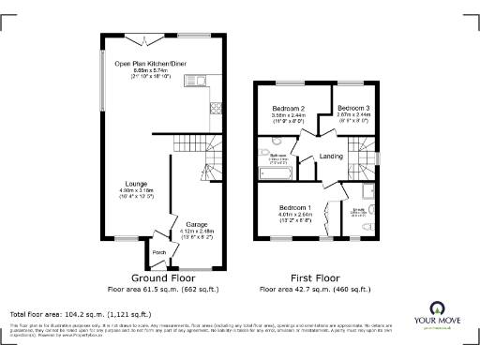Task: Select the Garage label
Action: (195, 225)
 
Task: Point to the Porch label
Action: (158, 253)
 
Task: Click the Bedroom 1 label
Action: (295, 207)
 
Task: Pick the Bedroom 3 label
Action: (353, 108)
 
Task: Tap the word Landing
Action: (330, 157)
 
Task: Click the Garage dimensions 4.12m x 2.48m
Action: (195, 232)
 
